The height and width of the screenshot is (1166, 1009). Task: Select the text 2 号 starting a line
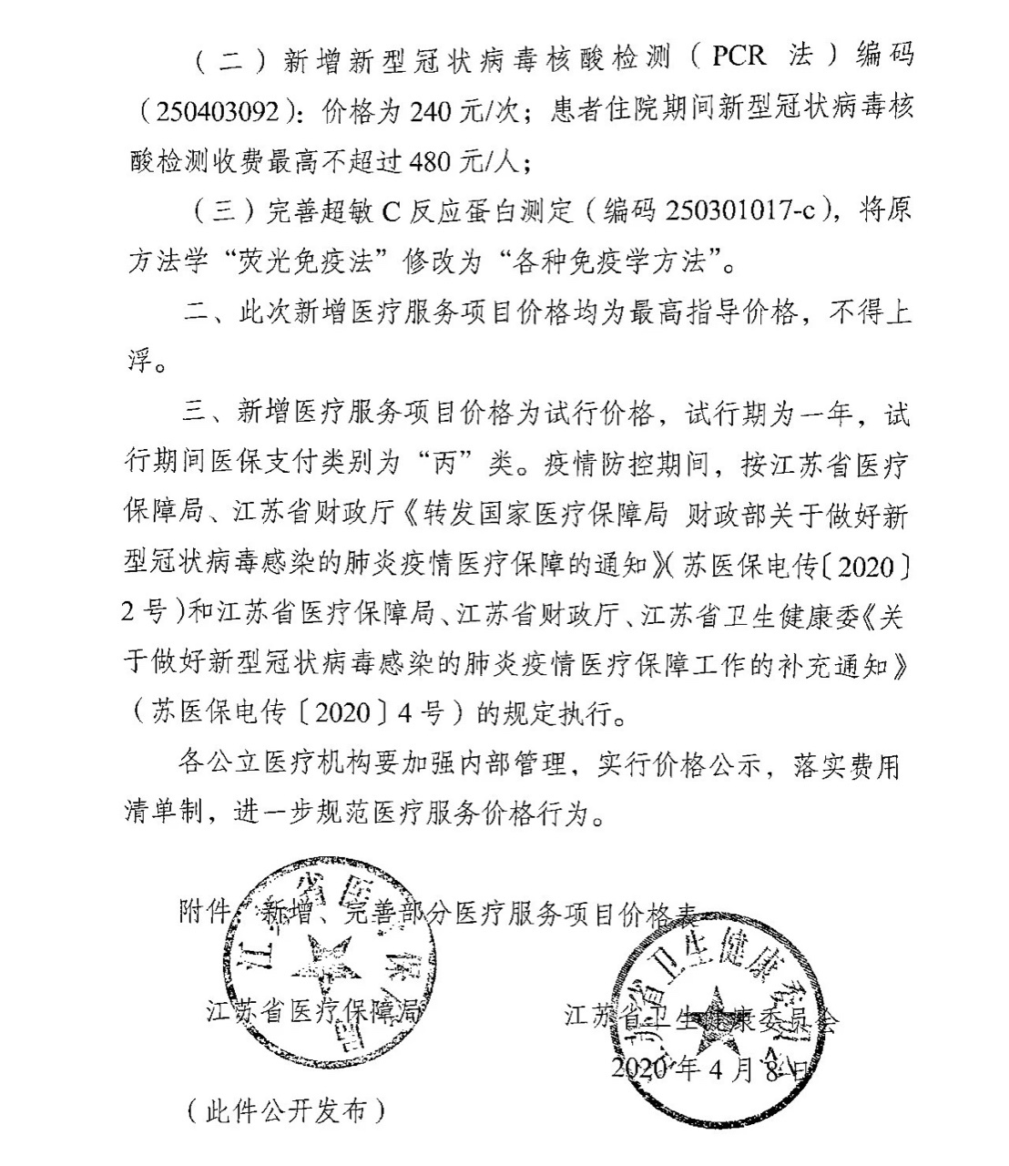click(x=142, y=612)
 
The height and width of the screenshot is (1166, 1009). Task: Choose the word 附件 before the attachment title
click(x=202, y=910)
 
